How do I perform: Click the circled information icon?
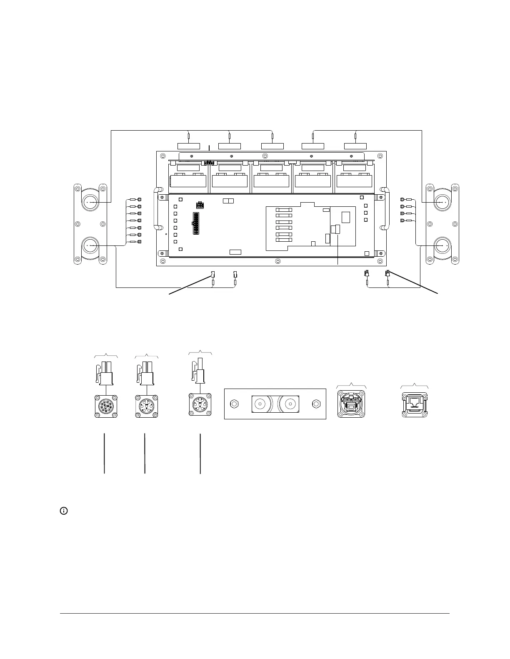coord(64,510)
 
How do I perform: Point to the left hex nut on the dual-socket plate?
coord(234,404)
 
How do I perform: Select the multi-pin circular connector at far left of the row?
coord(106,406)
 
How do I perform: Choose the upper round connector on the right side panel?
coord(442,202)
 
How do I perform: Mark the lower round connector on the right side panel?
coord(442,245)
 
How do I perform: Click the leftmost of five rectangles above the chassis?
coord(189,146)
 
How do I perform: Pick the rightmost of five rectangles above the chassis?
coord(355,146)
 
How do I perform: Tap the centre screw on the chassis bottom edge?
coord(278,261)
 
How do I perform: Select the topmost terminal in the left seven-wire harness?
coord(139,199)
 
